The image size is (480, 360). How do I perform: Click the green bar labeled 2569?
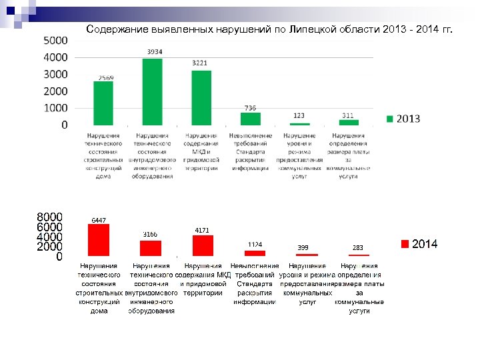(103, 103)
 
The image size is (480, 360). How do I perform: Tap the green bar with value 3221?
(201, 97)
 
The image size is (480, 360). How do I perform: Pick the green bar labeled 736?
(250, 119)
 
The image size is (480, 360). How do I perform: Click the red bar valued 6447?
(99, 240)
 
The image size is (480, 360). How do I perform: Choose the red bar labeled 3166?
(151, 248)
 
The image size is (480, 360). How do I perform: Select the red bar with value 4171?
(203, 245)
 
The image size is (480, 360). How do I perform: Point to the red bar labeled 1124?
(255, 253)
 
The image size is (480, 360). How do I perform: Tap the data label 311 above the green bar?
(348, 115)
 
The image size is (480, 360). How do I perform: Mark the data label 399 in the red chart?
(303, 247)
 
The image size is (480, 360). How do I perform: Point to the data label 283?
(359, 247)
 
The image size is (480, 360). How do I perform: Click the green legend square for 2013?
(391, 119)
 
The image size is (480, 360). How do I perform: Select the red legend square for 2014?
(405, 244)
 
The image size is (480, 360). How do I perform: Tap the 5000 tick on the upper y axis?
(55, 41)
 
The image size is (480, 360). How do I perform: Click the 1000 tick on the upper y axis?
(55, 107)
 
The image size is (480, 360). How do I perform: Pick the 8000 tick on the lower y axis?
(50, 217)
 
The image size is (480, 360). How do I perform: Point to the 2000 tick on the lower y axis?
(50, 247)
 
